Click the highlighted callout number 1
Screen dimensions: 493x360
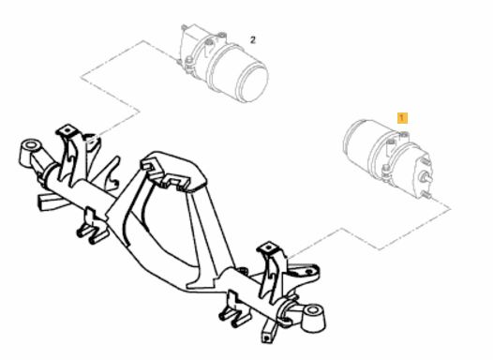coord(402,118)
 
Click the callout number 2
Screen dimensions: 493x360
coord(253,40)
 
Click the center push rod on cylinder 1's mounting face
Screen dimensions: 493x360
coord(426,177)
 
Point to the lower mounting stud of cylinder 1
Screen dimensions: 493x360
coord(426,195)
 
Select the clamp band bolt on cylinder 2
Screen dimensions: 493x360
coord(189,61)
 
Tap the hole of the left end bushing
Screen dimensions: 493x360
coord(31,145)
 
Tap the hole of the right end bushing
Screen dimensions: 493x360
coord(312,310)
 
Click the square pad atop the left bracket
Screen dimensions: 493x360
coord(67,130)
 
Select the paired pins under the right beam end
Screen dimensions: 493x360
coord(234,317)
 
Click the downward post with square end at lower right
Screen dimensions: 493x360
coord(269,333)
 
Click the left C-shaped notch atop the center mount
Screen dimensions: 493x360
coord(149,166)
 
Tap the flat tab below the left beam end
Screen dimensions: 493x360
coord(52,202)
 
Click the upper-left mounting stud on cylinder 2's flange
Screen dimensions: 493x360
coord(186,27)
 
